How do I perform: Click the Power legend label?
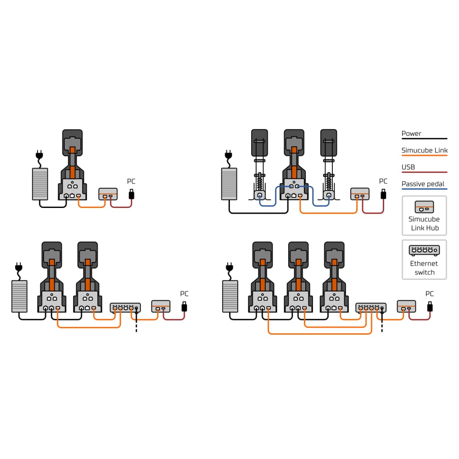tap(411, 134)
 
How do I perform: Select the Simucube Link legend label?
tap(425, 150)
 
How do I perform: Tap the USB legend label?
tap(408, 167)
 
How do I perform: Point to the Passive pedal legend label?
tap(423, 184)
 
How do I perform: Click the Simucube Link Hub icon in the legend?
tap(424, 207)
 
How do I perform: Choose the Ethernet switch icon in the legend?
tap(424, 250)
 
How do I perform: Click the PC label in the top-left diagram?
tap(131, 181)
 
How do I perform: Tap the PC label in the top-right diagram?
tap(383, 181)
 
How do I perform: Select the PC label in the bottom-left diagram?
tap(184, 294)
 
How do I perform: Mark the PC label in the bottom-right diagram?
tap(430, 294)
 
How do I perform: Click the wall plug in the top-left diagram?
tap(39, 155)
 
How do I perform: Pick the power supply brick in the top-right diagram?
tap(229, 184)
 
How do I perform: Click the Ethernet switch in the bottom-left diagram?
tap(125, 308)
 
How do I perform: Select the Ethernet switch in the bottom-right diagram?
tap(371, 308)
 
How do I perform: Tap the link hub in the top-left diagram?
tap(108, 194)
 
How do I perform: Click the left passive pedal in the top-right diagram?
tap(260, 164)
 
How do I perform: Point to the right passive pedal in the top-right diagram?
tap(329, 164)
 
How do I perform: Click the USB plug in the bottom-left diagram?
tap(184, 307)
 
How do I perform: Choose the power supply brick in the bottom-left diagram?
tap(19, 296)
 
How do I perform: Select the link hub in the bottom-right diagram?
tap(406, 306)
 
